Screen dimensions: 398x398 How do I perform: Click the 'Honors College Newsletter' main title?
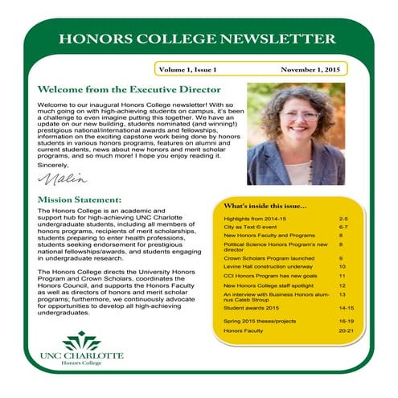(198, 39)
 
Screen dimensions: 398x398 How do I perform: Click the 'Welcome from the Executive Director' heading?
(129, 90)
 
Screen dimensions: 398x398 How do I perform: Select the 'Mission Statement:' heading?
(80, 199)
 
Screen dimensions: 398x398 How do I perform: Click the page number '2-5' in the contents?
(343, 219)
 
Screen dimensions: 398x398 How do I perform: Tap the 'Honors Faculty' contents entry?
(244, 330)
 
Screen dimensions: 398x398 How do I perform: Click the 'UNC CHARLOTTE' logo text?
(82, 355)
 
